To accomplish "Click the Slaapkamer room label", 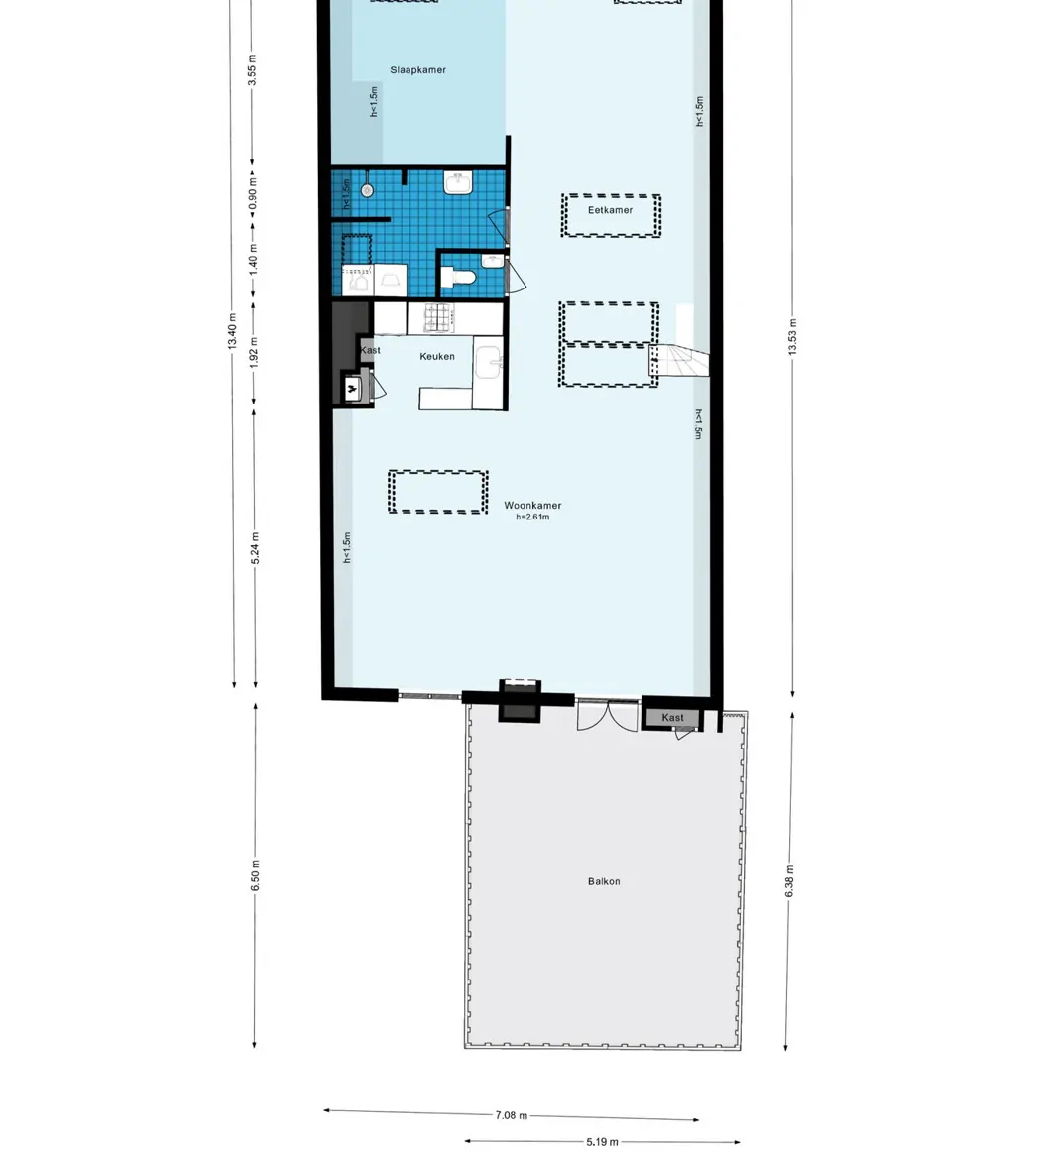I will [417, 70].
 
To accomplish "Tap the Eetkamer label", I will [610, 210].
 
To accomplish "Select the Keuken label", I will [437, 356].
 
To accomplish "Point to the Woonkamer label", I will [532, 505].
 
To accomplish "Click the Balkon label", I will [604, 881].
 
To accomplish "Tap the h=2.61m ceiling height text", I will [532, 517].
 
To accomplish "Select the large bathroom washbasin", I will [459, 184].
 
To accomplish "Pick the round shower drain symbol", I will [367, 190].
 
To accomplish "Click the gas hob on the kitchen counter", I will [437, 317].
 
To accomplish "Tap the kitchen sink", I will [489, 365].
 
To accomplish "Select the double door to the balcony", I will [607, 716].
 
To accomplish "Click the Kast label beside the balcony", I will [673, 718].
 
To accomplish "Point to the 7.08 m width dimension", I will [511, 1115].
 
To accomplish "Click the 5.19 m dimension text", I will [602, 1142].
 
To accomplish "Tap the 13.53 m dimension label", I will [792, 338].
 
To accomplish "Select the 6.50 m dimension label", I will [255, 874].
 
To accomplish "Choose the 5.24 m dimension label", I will [255, 547].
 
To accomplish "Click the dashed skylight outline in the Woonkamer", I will [437, 492].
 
